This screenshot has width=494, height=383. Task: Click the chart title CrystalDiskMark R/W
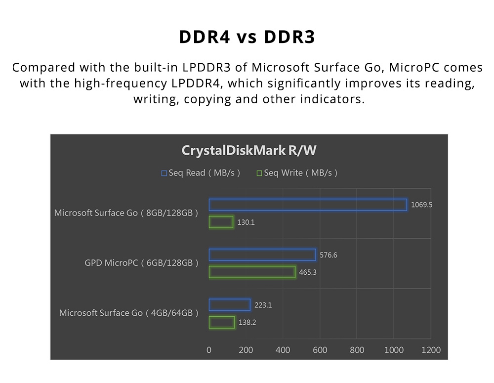(248, 150)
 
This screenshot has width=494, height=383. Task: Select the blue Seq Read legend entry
(201, 173)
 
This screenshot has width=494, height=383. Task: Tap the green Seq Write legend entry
(297, 173)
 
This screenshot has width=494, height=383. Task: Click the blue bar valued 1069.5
(307, 205)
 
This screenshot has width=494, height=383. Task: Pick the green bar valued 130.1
(221, 222)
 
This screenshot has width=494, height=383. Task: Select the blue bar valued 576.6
(262, 255)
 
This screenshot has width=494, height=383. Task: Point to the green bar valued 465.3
(252, 272)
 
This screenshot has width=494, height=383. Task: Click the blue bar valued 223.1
(229, 305)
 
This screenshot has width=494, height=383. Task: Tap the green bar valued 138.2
(222, 322)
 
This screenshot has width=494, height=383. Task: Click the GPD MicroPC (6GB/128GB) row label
(141, 263)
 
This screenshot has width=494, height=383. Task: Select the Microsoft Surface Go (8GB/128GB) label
(126, 213)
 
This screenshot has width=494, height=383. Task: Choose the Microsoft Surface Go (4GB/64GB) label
(128, 313)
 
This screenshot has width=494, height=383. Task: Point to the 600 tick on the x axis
(320, 350)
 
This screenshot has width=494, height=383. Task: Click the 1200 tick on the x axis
(431, 350)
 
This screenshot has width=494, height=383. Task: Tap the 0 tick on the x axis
(209, 350)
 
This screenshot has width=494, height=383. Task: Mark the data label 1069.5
(421, 205)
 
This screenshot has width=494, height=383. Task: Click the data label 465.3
(308, 272)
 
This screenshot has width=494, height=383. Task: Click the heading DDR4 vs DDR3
(247, 38)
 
